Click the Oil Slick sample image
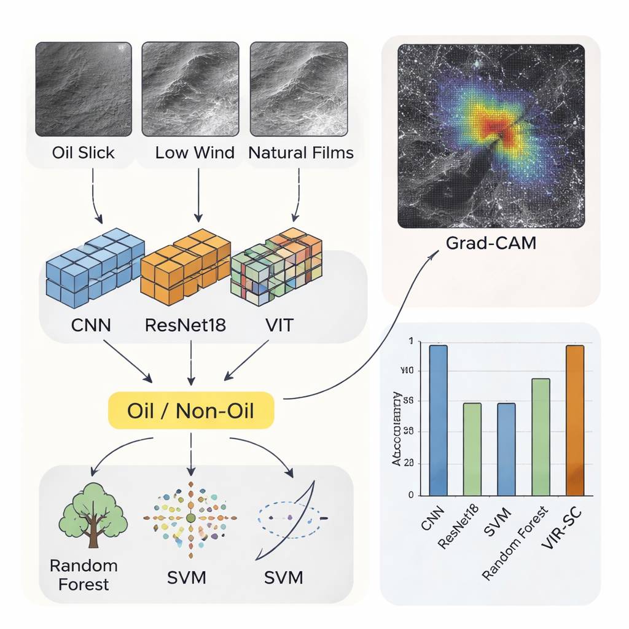84,88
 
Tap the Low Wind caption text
195,152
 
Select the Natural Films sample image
299,88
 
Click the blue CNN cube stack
95,268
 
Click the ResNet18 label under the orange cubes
186,324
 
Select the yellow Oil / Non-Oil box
190,410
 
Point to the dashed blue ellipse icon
289,520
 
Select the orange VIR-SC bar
575,420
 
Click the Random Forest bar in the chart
541,437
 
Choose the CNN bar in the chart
438,420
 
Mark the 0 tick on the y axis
410,494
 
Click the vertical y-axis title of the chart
397,428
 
